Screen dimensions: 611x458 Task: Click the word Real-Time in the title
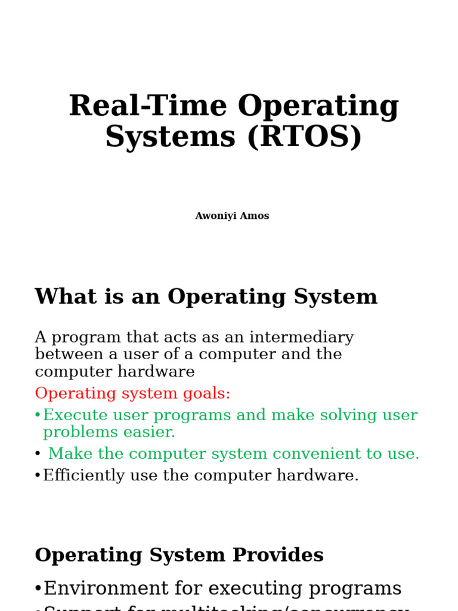click(148, 106)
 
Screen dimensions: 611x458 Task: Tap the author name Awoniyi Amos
click(232, 216)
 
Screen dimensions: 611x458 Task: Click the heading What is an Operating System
click(206, 297)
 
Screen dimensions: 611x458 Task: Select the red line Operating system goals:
click(132, 394)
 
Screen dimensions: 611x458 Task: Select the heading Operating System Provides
click(179, 556)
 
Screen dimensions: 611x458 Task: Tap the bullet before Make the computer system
click(38, 455)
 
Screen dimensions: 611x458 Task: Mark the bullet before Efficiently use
click(38, 476)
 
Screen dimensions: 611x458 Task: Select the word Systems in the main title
click(171, 137)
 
